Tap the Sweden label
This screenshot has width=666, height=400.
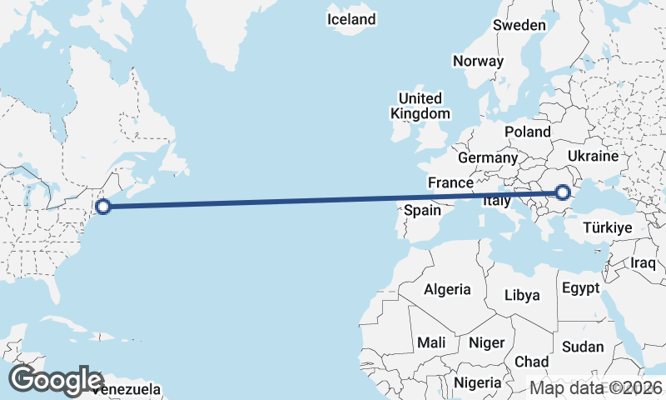pos(519,25)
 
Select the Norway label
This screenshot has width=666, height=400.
pos(478,61)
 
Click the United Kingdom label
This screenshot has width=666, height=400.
pos(420,106)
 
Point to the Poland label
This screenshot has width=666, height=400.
pos(528,132)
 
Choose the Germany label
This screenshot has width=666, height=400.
pos(487,157)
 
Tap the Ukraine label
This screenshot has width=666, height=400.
pos(593,156)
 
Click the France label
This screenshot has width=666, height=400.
pos(450,182)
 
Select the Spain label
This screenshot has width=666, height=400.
pos(422,211)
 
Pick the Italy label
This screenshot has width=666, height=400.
pos(497,201)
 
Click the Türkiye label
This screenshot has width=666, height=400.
pos(609,227)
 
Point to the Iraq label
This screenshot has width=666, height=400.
pos(644,262)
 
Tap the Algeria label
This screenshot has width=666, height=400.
pos(448,290)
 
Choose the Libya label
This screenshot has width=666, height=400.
pos(522,295)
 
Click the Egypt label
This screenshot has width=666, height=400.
pos(581,288)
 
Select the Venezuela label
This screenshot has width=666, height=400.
pos(127,389)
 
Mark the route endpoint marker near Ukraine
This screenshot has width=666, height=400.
pos(563,193)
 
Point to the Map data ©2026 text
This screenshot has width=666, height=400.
pos(596,387)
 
